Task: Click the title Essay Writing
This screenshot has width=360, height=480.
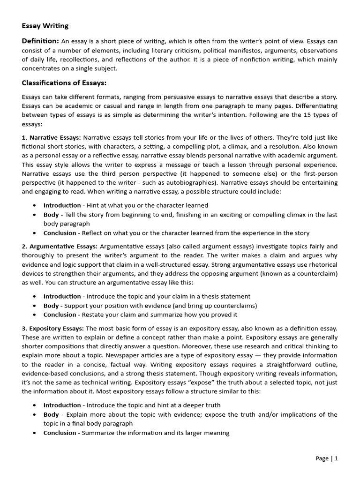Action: point(45,26)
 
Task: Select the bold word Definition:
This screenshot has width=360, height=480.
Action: point(40,41)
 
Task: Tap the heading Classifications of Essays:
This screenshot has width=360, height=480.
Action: point(64,83)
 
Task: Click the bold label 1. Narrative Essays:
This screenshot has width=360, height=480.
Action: point(52,137)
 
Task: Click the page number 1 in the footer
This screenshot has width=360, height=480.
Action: point(336,458)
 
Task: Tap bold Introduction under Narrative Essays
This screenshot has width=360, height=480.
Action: point(62,205)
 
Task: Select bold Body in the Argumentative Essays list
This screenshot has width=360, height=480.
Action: point(51,306)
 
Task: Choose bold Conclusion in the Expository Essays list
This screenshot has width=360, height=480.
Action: point(60,433)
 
